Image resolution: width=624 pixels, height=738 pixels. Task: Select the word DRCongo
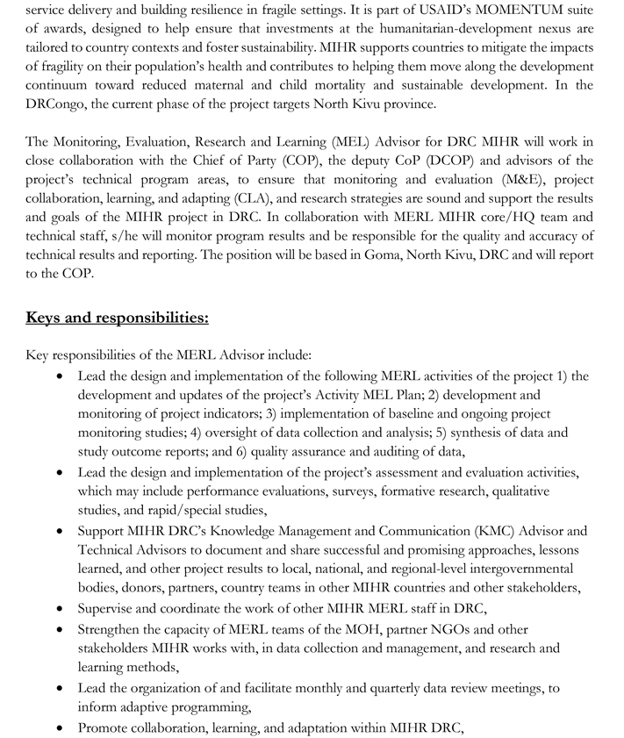[57, 104]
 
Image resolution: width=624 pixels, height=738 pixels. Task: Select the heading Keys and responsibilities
[117, 317]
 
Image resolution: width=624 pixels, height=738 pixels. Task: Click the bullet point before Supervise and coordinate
[58, 608]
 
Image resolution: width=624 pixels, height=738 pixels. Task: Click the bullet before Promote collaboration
[58, 727]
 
